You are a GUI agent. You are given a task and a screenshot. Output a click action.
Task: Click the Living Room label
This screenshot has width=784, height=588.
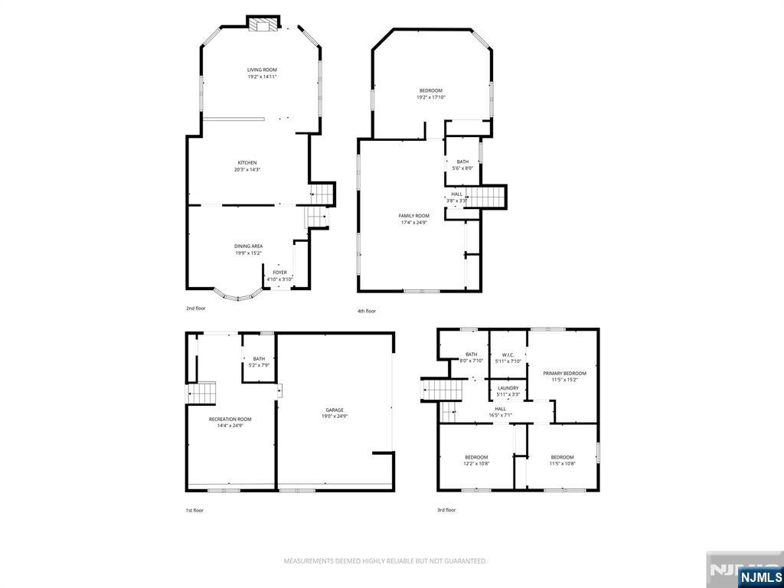click(x=262, y=70)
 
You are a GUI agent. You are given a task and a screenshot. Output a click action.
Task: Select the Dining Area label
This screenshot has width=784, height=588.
click(x=248, y=246)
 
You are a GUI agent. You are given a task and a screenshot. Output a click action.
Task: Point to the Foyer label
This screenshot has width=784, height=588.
click(x=279, y=273)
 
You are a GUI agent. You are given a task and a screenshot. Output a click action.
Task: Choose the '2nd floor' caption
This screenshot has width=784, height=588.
click(x=196, y=309)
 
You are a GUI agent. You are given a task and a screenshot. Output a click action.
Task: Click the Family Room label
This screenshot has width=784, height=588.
click(x=414, y=216)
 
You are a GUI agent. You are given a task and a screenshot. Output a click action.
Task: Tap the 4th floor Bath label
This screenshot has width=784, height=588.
click(x=462, y=162)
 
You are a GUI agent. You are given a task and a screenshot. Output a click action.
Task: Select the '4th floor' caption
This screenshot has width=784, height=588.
click(x=366, y=311)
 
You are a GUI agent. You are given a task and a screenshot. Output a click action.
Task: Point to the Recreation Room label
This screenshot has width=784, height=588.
click(x=230, y=419)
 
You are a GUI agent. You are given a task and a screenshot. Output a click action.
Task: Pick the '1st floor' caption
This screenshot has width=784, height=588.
click(x=194, y=510)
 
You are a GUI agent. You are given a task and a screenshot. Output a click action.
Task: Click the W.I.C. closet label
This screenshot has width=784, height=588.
click(x=508, y=354)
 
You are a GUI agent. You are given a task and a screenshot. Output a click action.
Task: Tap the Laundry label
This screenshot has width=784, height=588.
click(x=508, y=388)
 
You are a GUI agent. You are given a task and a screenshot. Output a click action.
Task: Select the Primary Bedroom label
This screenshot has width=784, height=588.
click(x=564, y=373)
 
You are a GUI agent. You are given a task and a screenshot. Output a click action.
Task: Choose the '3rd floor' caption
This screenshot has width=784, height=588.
click(x=446, y=510)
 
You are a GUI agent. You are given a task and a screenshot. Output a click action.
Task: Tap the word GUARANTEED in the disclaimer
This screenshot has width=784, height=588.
click(x=462, y=561)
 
